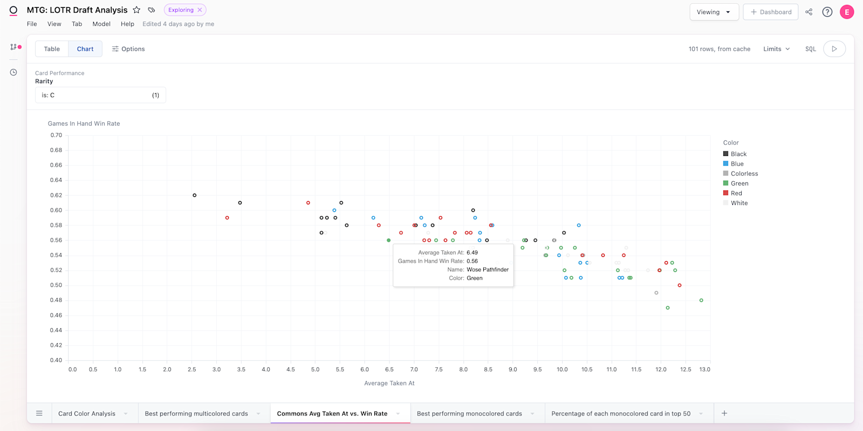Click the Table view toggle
(52, 49)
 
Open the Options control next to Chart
(128, 49)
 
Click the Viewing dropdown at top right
(714, 12)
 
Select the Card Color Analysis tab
(87, 414)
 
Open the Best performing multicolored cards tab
(196, 414)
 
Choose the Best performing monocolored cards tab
(469, 414)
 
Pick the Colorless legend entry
(744, 174)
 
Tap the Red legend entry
(736, 193)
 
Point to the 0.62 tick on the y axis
(56, 195)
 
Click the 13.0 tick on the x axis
(704, 370)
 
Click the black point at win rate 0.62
(195, 195)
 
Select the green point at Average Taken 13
(701, 300)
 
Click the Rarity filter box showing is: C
(100, 95)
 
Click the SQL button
(810, 49)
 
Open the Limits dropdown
(776, 49)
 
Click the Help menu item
(127, 24)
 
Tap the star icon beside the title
(137, 10)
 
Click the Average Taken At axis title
(389, 383)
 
